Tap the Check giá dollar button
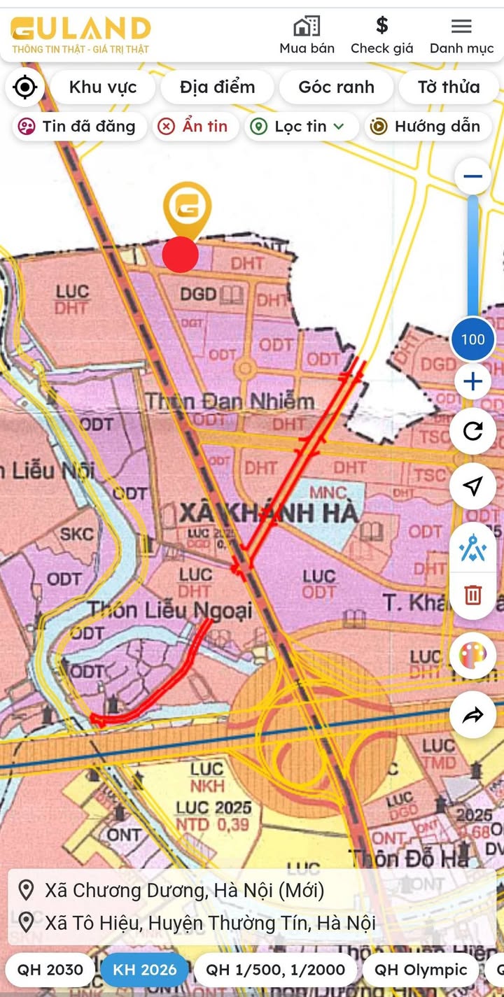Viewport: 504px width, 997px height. click(x=381, y=27)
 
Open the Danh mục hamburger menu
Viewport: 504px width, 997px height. click(x=461, y=27)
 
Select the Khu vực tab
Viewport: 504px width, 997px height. click(x=103, y=87)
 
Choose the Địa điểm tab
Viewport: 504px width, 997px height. click(x=217, y=87)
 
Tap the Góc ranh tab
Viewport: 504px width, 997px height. click(x=336, y=87)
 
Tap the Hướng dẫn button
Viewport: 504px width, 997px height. click(x=426, y=127)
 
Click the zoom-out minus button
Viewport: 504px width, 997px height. click(x=472, y=176)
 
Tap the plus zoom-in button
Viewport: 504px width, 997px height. click(x=472, y=382)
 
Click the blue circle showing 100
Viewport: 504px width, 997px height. click(x=472, y=339)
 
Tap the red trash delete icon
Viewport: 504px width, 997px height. click(x=473, y=595)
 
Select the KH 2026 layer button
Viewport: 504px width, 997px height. click(x=144, y=970)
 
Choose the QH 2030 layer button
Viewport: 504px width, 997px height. click(x=50, y=970)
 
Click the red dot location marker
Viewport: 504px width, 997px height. click(x=181, y=255)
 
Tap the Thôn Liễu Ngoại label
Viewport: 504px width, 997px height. click(x=169, y=610)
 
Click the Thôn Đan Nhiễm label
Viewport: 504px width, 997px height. click(x=230, y=402)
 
